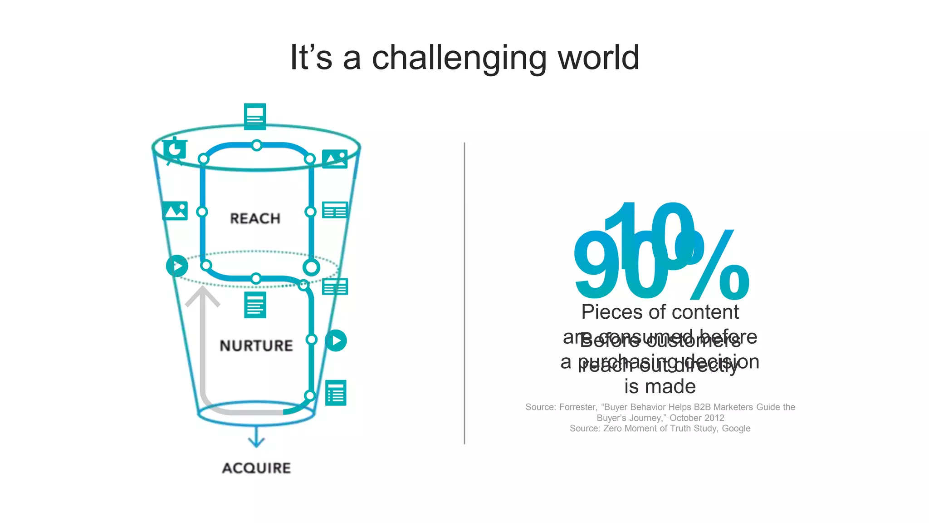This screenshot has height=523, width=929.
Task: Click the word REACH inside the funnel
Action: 255,218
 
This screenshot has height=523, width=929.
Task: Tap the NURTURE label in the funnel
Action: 256,345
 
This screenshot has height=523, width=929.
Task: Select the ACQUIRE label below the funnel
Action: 256,468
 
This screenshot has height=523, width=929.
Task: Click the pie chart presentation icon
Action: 175,150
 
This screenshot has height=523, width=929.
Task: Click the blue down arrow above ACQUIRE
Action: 256,438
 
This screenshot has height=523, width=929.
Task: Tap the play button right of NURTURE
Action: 336,340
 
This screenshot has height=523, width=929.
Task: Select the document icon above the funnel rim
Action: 255,116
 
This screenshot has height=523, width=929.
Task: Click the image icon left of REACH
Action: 175,211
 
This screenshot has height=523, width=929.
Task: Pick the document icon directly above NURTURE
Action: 255,305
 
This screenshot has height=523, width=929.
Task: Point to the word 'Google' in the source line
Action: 736,429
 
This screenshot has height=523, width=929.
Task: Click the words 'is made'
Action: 660,387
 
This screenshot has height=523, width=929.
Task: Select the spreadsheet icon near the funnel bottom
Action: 336,393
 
